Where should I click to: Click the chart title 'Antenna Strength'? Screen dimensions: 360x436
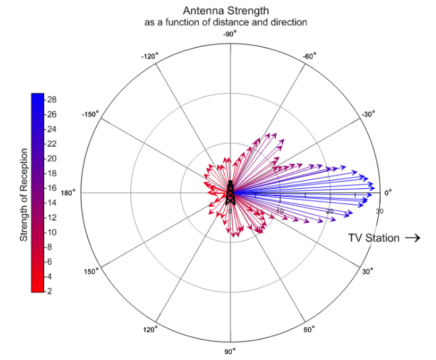[226, 11]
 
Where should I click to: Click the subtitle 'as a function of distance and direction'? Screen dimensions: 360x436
[226, 22]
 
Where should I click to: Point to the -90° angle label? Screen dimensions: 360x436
[229, 34]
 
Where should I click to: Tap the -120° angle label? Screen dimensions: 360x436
[150, 57]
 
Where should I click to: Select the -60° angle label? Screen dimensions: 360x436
[310, 56]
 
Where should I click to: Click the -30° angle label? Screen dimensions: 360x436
[368, 114]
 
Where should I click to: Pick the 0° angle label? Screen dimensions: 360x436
[388, 193]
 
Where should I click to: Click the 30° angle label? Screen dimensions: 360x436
[367, 271]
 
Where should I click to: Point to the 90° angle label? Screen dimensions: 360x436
[230, 351]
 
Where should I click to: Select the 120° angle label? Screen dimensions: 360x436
[151, 330]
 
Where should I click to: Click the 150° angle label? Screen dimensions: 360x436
[92, 271]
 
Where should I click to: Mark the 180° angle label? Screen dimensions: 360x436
[69, 193]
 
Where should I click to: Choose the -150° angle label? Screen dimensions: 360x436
[90, 114]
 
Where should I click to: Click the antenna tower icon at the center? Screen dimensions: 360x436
[230, 192]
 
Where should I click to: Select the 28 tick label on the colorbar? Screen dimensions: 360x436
[52, 100]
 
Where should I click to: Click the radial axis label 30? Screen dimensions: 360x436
[379, 211]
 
